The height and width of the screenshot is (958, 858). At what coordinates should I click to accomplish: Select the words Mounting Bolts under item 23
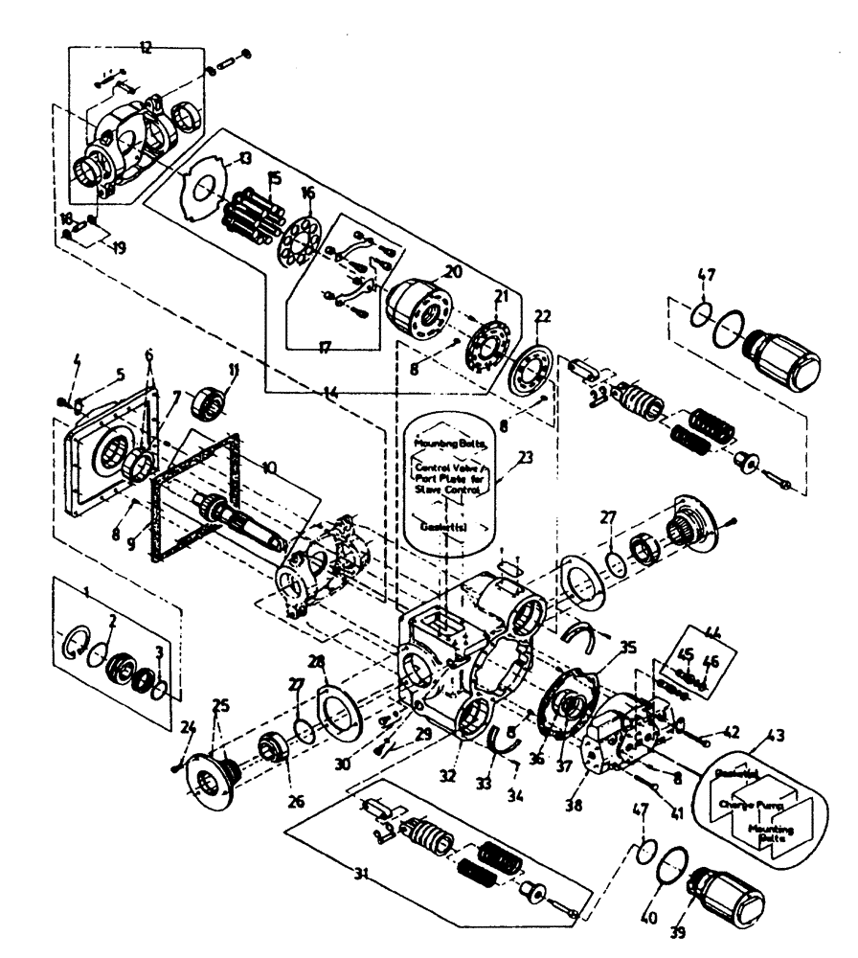[x=449, y=445]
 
